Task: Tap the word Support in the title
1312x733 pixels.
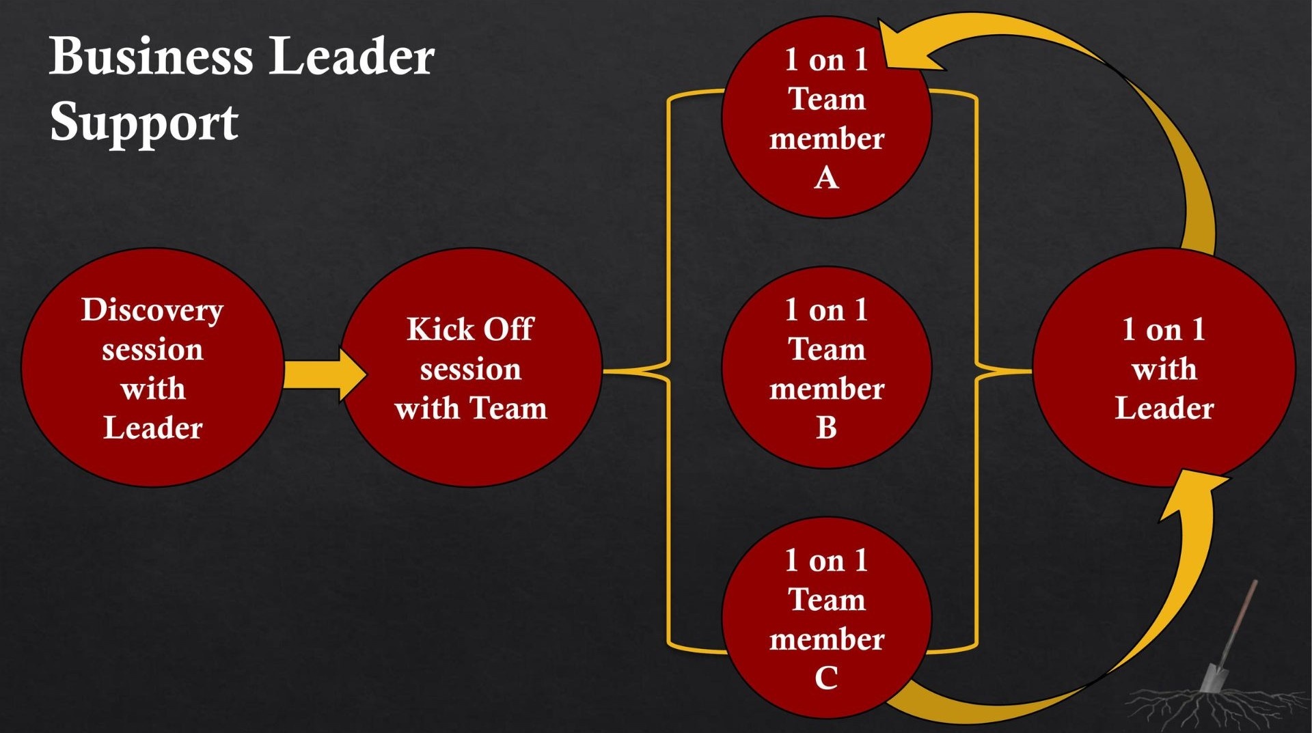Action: coord(144,123)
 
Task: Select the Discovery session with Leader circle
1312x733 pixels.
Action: coord(152,368)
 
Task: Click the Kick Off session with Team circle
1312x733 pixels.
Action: coord(471,368)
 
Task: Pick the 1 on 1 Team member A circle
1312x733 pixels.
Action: coord(826,117)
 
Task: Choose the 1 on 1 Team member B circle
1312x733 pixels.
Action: coord(826,368)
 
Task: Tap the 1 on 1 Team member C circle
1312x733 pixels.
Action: coord(826,618)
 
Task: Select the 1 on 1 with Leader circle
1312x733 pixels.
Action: coord(1164,368)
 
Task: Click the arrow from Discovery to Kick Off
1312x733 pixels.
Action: coord(325,374)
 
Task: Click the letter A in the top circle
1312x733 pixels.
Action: coord(826,178)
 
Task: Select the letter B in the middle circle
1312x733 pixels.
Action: coord(826,428)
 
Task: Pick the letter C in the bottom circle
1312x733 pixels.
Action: coord(826,678)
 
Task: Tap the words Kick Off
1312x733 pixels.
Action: coord(471,329)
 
